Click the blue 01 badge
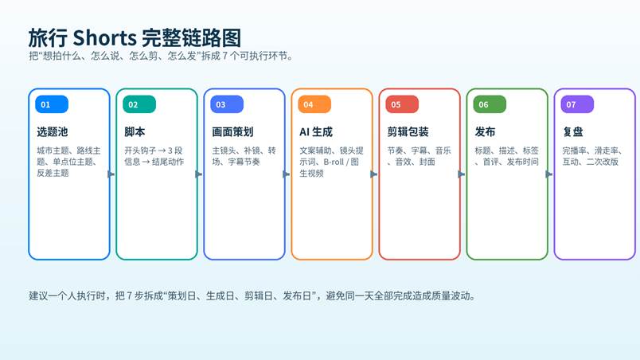point(52,104)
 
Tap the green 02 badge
point(139,104)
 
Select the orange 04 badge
point(314,104)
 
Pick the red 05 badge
point(402,104)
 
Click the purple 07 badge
point(577,104)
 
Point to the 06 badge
point(490,104)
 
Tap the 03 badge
point(227,104)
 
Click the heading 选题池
point(53,132)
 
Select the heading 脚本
point(135,132)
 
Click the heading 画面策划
point(232,132)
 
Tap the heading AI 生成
point(316,132)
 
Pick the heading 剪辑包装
point(408,132)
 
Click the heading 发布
point(485,132)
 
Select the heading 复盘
point(572,132)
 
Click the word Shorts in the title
point(104,38)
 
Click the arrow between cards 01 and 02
point(111,174)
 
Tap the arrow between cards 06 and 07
point(549,174)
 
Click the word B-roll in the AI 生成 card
point(334,162)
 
